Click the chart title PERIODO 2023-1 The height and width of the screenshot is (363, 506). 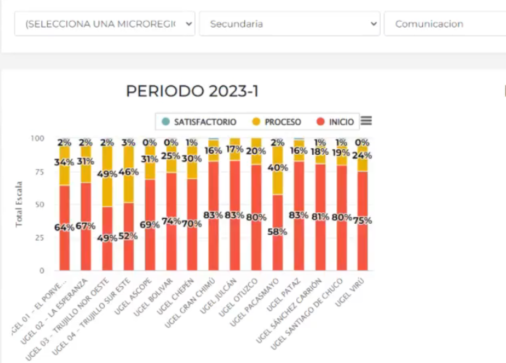[x=192, y=91]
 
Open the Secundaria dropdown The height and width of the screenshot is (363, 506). [x=289, y=24]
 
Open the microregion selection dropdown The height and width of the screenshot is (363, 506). [x=105, y=24]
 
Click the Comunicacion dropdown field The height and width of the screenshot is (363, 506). [x=445, y=24]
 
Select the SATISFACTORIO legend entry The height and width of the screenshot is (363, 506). [x=200, y=122]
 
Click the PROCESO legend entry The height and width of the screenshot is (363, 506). [x=277, y=122]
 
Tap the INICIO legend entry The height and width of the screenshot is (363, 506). [x=336, y=122]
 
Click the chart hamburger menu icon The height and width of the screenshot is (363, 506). [x=366, y=121]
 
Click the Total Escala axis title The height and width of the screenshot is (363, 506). [x=19, y=204]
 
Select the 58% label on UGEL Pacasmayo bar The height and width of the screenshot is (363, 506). [x=277, y=231]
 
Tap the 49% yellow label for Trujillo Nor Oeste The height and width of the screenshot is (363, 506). [x=107, y=174]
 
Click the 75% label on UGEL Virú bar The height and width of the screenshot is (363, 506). [x=362, y=221]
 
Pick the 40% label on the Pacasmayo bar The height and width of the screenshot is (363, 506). [x=277, y=167]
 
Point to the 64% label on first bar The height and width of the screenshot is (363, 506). [x=64, y=227]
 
